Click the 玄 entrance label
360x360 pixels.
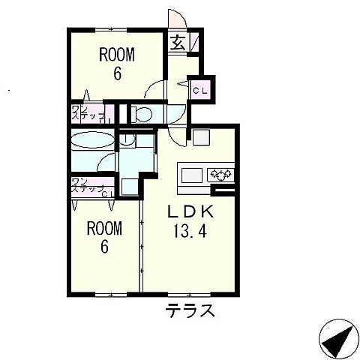point(178,42)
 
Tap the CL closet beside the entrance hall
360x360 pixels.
point(201,90)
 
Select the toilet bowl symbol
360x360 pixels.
point(142,114)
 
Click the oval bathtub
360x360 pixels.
point(92,140)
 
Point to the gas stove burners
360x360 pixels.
point(220,175)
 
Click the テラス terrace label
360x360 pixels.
point(190,310)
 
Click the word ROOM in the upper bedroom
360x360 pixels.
point(117,54)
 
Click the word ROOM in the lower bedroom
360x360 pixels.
point(103,227)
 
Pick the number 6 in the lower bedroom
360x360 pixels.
point(103,246)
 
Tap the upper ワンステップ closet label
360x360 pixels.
point(86,113)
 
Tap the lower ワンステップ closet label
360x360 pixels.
point(86,187)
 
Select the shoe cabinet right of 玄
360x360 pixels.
point(193,42)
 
